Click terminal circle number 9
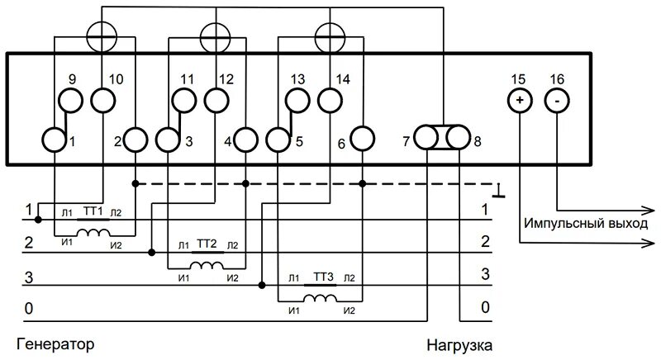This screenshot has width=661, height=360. click(x=71, y=100)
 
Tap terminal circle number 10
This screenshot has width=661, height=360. click(x=103, y=100)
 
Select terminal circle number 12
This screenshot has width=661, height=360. click(x=216, y=100)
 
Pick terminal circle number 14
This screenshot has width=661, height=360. click(x=330, y=100)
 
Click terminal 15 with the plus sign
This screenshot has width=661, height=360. click(x=519, y=100)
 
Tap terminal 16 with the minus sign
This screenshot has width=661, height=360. click(x=557, y=100)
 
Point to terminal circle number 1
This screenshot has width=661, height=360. click(x=55, y=140)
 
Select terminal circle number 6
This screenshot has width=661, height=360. click(x=362, y=140)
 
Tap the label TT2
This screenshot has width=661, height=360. click(x=207, y=245)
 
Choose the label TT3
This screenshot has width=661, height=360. click(x=323, y=278)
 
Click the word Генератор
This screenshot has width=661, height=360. click(x=54, y=342)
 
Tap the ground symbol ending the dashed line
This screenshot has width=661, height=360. click(x=498, y=192)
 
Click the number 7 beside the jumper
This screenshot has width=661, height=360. click(x=406, y=141)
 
